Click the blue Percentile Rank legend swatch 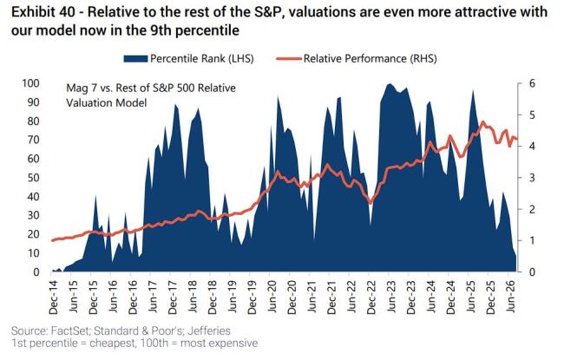(135, 59)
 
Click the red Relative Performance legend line (288, 59)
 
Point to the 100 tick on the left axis (30, 83)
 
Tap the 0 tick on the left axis (36, 272)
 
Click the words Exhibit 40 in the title (44, 12)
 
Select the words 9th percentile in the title (193, 30)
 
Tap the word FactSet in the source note (69, 331)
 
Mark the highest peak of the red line (482, 122)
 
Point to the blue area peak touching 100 (390, 84)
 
